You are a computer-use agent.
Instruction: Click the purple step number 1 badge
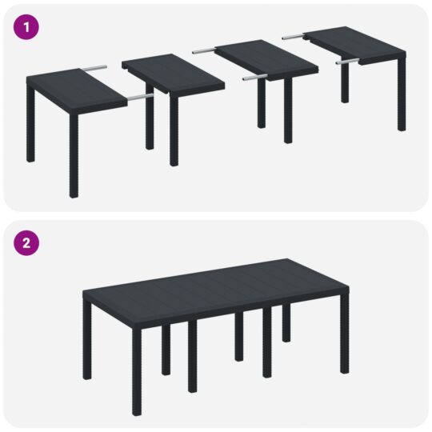tap(27, 26)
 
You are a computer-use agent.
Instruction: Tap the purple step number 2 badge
tap(27, 244)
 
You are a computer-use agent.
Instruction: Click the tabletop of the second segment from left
tap(171, 73)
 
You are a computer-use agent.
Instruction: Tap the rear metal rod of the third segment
tap(206, 50)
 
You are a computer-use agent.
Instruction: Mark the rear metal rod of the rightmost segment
tap(294, 35)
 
